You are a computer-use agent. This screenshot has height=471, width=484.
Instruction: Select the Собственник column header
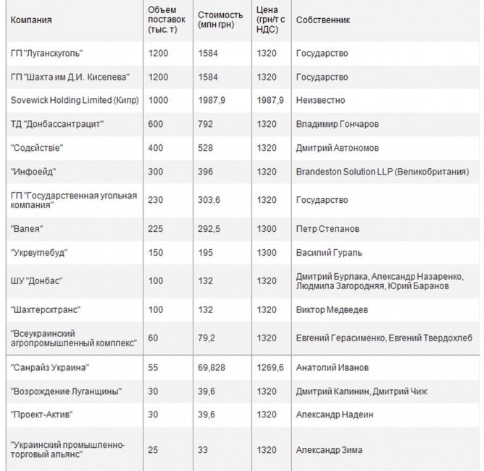tap(323, 20)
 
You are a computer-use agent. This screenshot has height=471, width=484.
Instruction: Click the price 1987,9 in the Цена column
tap(270, 100)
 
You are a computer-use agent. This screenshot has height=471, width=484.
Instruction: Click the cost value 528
tap(206, 148)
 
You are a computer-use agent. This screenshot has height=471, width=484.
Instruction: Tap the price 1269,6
tap(270, 368)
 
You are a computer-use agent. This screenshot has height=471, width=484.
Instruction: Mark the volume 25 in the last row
tap(153, 450)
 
